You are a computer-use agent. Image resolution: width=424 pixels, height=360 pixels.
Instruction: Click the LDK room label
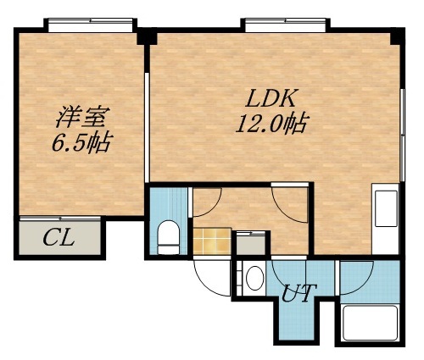coord(270,97)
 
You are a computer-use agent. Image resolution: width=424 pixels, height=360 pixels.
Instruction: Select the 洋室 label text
coord(81,114)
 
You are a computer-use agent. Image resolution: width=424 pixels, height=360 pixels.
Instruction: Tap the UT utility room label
coord(299,292)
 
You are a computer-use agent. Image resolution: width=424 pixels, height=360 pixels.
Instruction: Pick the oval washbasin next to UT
coord(253,278)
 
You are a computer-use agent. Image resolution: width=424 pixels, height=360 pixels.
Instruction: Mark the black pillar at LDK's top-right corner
coord(395,37)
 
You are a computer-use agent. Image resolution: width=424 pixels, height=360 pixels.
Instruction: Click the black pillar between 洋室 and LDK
coord(146,36)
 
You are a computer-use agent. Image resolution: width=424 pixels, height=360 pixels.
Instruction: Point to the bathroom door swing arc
coord(356,271)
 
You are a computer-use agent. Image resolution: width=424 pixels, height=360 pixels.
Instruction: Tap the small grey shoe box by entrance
coord(248,242)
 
